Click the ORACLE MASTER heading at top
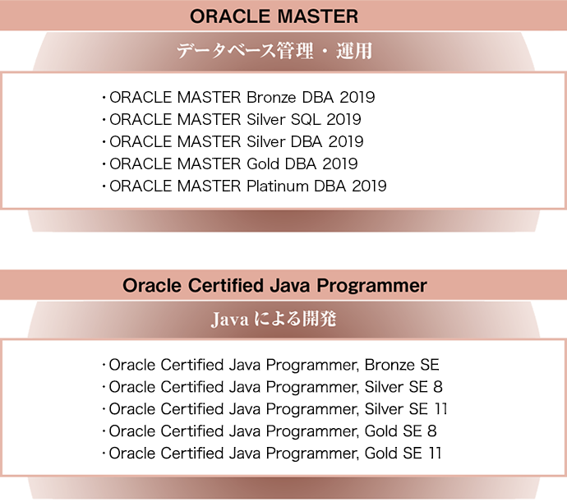[x=274, y=16]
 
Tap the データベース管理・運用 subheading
[x=274, y=52]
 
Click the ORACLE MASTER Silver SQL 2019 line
[x=234, y=119]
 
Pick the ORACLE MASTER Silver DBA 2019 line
[x=236, y=141]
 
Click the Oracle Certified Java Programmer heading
[x=274, y=286]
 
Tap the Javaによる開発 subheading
[x=274, y=320]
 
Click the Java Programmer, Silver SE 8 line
[x=274, y=387]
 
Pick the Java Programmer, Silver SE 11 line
[x=278, y=409]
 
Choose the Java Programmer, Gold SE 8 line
[x=271, y=431]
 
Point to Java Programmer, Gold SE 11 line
[x=274, y=454]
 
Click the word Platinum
[x=278, y=186]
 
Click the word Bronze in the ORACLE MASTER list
[x=273, y=97]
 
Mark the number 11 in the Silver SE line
[x=440, y=409]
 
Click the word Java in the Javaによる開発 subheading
[x=228, y=320]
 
